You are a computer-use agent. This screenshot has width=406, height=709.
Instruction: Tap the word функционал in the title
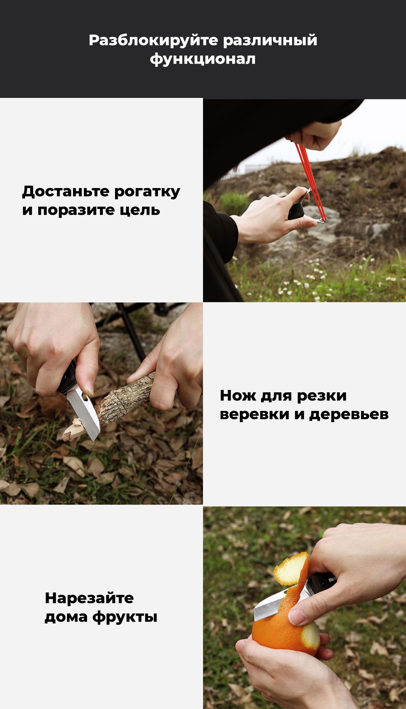(203, 59)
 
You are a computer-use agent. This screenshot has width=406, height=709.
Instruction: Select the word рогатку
(147, 191)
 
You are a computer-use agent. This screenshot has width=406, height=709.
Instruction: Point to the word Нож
(238, 396)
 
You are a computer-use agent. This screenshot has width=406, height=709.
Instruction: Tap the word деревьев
(349, 414)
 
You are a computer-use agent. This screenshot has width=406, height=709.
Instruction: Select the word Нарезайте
(89, 598)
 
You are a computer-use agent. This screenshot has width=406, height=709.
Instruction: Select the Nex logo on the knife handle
(332, 580)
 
